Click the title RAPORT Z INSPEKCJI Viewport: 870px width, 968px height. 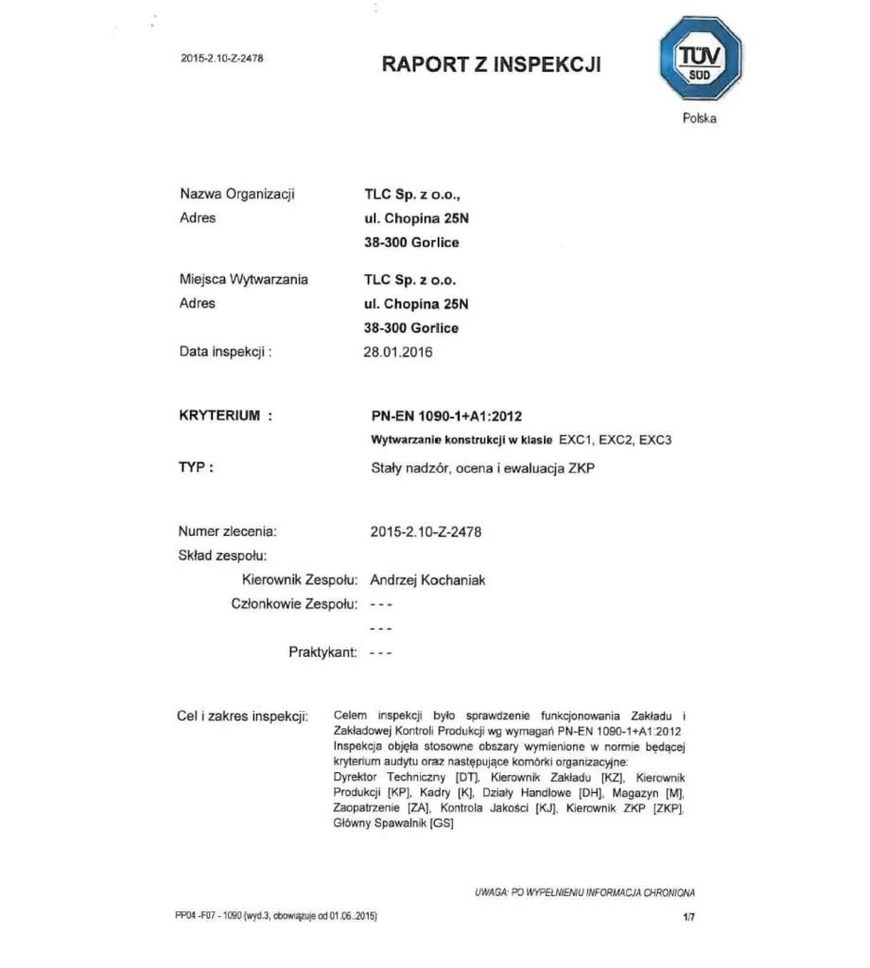pos(491,64)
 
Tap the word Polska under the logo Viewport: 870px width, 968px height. pos(699,118)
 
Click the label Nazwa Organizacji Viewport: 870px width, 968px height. pos(237,194)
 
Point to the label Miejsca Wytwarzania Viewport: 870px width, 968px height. pos(243,279)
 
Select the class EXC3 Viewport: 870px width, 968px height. pos(654,440)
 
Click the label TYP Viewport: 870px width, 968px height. pos(196,466)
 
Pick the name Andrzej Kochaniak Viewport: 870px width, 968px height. pos(427,579)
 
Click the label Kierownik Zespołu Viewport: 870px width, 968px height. pos(299,579)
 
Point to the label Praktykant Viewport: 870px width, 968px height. pos(322,652)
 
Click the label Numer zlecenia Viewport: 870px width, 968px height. pos(228,532)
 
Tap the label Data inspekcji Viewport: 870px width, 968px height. pos(226,352)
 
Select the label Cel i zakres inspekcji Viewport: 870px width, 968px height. pos(243,716)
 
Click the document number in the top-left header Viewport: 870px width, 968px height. pos(221,59)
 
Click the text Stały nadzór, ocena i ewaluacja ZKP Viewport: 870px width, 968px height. pos(482,466)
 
